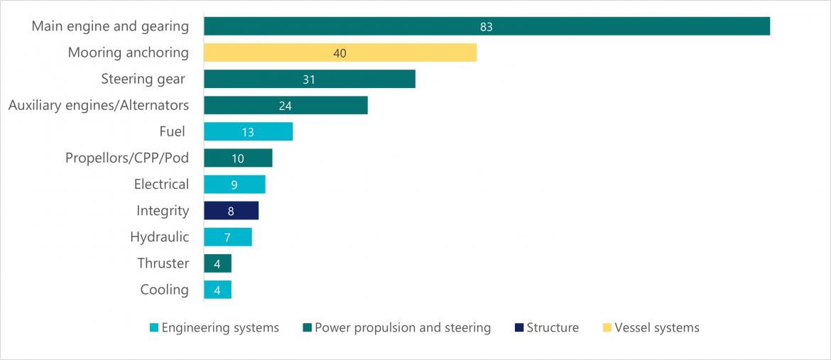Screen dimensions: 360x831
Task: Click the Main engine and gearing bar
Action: (487, 26)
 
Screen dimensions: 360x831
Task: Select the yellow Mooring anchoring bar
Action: (340, 53)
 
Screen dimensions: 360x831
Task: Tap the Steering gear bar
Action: (309, 79)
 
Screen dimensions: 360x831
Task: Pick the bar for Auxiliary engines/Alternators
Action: (286, 105)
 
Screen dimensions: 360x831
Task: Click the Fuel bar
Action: (248, 131)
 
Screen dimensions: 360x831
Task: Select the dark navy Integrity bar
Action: (231, 211)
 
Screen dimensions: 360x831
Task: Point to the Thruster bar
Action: (217, 263)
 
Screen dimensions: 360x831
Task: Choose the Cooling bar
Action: (217, 290)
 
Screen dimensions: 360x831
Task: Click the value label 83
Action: (486, 27)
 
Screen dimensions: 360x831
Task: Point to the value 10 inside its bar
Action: (237, 158)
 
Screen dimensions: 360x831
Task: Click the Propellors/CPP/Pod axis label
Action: (126, 158)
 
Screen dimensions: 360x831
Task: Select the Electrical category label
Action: (161, 184)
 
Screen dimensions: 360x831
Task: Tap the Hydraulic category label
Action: (159, 236)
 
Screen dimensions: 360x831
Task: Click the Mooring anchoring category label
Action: (128, 53)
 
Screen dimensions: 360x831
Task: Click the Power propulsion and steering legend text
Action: (402, 328)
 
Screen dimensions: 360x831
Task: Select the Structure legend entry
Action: (553, 328)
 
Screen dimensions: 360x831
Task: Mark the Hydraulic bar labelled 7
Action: (227, 237)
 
